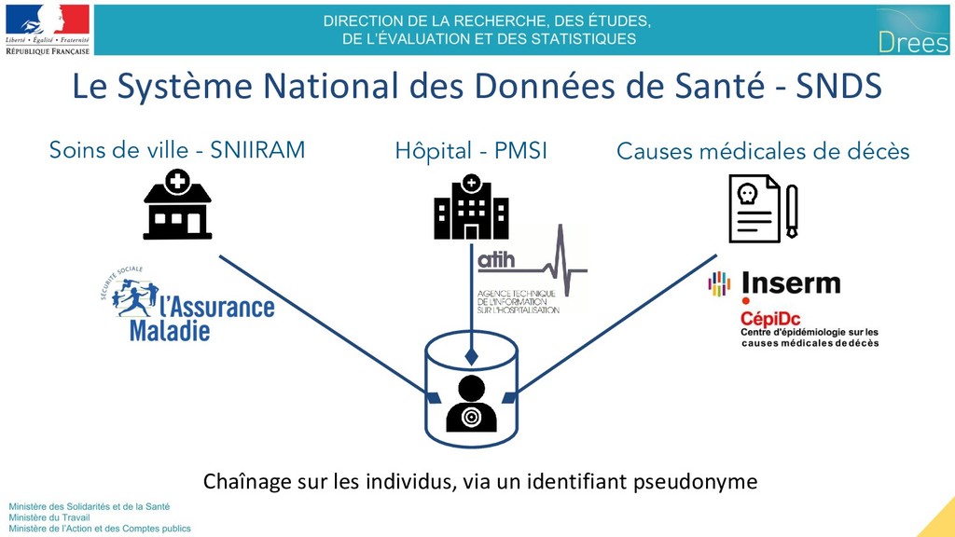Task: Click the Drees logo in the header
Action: (912, 30)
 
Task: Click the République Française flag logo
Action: (48, 28)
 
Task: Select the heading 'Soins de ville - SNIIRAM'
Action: (177, 149)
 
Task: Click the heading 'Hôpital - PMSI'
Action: (471, 150)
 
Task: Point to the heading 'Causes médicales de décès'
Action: (763, 151)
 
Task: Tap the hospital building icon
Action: (471, 206)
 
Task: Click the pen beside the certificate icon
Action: (792, 212)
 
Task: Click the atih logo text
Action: (496, 261)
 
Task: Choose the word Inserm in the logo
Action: (791, 283)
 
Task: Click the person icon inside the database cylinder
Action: (471, 404)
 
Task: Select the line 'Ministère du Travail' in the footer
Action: (46, 517)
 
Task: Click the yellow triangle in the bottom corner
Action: (939, 522)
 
